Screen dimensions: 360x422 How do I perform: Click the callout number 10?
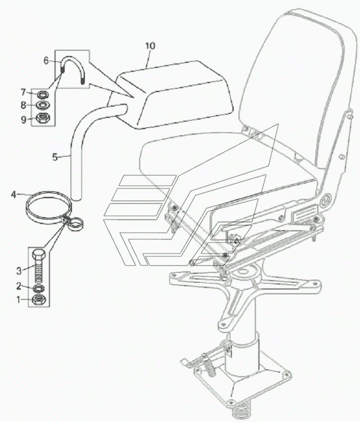pos(151,46)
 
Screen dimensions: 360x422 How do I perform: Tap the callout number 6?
pos(46,61)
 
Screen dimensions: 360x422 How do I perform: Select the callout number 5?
pos(55,157)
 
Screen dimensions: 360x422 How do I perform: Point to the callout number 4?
pos(13,194)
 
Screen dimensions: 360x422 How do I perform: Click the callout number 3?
pos(19,270)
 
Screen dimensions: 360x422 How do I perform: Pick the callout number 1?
pos(19,299)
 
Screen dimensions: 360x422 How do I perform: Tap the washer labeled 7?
pos(42,94)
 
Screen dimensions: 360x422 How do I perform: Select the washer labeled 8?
pos(42,104)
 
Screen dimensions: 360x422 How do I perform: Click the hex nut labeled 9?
pos(42,118)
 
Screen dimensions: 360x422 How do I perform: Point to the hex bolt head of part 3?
pos(39,255)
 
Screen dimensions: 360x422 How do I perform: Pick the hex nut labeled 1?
pos(39,300)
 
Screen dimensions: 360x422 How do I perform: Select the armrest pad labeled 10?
pos(172,94)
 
